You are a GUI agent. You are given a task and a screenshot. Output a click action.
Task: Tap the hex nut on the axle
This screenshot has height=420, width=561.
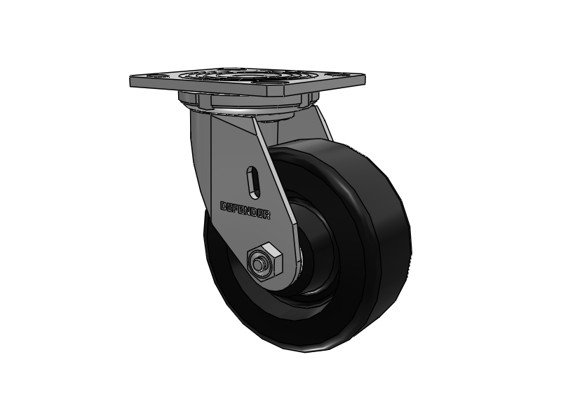(x=264, y=260)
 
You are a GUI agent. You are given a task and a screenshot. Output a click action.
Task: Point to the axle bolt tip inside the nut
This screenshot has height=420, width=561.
(x=260, y=264)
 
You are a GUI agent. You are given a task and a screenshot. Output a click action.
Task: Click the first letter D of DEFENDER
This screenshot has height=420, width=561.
(x=224, y=206)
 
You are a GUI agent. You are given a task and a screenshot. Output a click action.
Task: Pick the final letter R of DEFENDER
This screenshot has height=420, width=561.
(x=267, y=214)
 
